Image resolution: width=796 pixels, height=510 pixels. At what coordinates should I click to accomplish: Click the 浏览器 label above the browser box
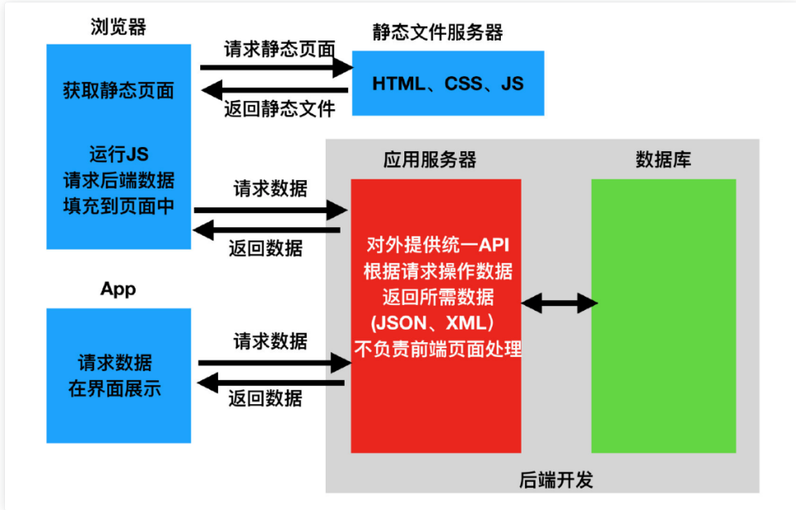[118, 26]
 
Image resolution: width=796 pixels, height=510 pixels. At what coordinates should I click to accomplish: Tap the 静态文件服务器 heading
[437, 32]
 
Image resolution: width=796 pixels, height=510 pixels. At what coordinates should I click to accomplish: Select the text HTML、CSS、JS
[448, 83]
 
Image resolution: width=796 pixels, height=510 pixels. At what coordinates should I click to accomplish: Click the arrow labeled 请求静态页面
[277, 68]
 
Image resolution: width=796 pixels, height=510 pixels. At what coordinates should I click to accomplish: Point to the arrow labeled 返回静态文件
[274, 90]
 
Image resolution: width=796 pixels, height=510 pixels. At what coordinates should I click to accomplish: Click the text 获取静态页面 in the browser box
[118, 91]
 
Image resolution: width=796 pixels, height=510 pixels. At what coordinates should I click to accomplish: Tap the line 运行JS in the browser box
[119, 154]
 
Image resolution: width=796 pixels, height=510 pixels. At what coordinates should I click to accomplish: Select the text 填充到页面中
[118, 206]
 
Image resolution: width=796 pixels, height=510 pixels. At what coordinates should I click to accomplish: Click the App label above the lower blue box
[118, 289]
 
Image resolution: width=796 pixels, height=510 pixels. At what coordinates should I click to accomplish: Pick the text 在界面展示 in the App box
[115, 388]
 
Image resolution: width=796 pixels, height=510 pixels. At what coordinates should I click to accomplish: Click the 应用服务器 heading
[430, 160]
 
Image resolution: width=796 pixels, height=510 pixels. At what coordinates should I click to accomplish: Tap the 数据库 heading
[663, 160]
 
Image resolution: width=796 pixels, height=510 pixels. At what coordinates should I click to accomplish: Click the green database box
[664, 316]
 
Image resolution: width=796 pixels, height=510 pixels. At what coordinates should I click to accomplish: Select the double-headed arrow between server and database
[560, 303]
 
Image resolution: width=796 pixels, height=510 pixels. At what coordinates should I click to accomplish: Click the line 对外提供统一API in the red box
[437, 245]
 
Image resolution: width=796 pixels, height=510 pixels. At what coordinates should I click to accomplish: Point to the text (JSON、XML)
[432, 323]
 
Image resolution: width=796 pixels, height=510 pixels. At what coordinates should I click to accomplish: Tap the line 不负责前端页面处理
[437, 349]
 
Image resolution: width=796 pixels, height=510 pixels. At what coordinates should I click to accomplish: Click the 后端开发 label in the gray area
[556, 479]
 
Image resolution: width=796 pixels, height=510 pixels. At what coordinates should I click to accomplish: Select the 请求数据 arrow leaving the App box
[274, 363]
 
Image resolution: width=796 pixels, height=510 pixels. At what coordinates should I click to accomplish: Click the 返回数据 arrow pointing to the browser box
[266, 231]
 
